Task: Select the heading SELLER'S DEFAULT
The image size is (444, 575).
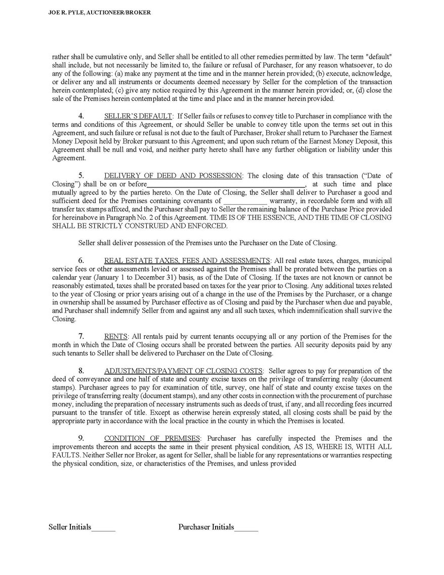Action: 138,117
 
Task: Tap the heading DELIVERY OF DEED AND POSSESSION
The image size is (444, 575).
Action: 173,176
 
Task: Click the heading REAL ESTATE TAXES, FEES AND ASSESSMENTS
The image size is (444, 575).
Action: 187,260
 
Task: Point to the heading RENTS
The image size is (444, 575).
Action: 116,336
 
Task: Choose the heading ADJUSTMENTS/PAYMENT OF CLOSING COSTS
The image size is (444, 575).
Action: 183,371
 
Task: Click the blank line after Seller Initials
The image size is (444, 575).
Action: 103,528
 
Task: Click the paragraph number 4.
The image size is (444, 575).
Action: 81,117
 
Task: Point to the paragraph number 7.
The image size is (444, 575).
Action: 81,336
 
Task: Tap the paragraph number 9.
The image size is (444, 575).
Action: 81,438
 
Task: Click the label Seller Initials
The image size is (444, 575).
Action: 70,527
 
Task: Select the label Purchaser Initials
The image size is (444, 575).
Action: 206,527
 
